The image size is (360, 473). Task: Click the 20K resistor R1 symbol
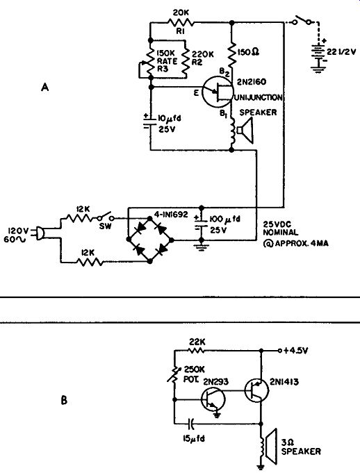(x=181, y=22)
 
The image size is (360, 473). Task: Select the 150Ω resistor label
(x=249, y=52)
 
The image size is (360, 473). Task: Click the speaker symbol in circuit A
(x=245, y=131)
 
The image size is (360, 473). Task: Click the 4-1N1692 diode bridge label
(x=171, y=215)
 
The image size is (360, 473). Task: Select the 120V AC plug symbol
(x=39, y=234)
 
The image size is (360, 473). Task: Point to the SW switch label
(x=105, y=226)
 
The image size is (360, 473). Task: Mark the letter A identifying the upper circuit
(x=44, y=88)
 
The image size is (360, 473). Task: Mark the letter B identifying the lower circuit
(x=64, y=401)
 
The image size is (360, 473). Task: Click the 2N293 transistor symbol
(x=213, y=399)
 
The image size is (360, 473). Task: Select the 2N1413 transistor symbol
(x=256, y=391)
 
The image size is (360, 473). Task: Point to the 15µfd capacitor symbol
(x=190, y=424)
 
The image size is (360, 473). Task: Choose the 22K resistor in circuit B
(x=196, y=350)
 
